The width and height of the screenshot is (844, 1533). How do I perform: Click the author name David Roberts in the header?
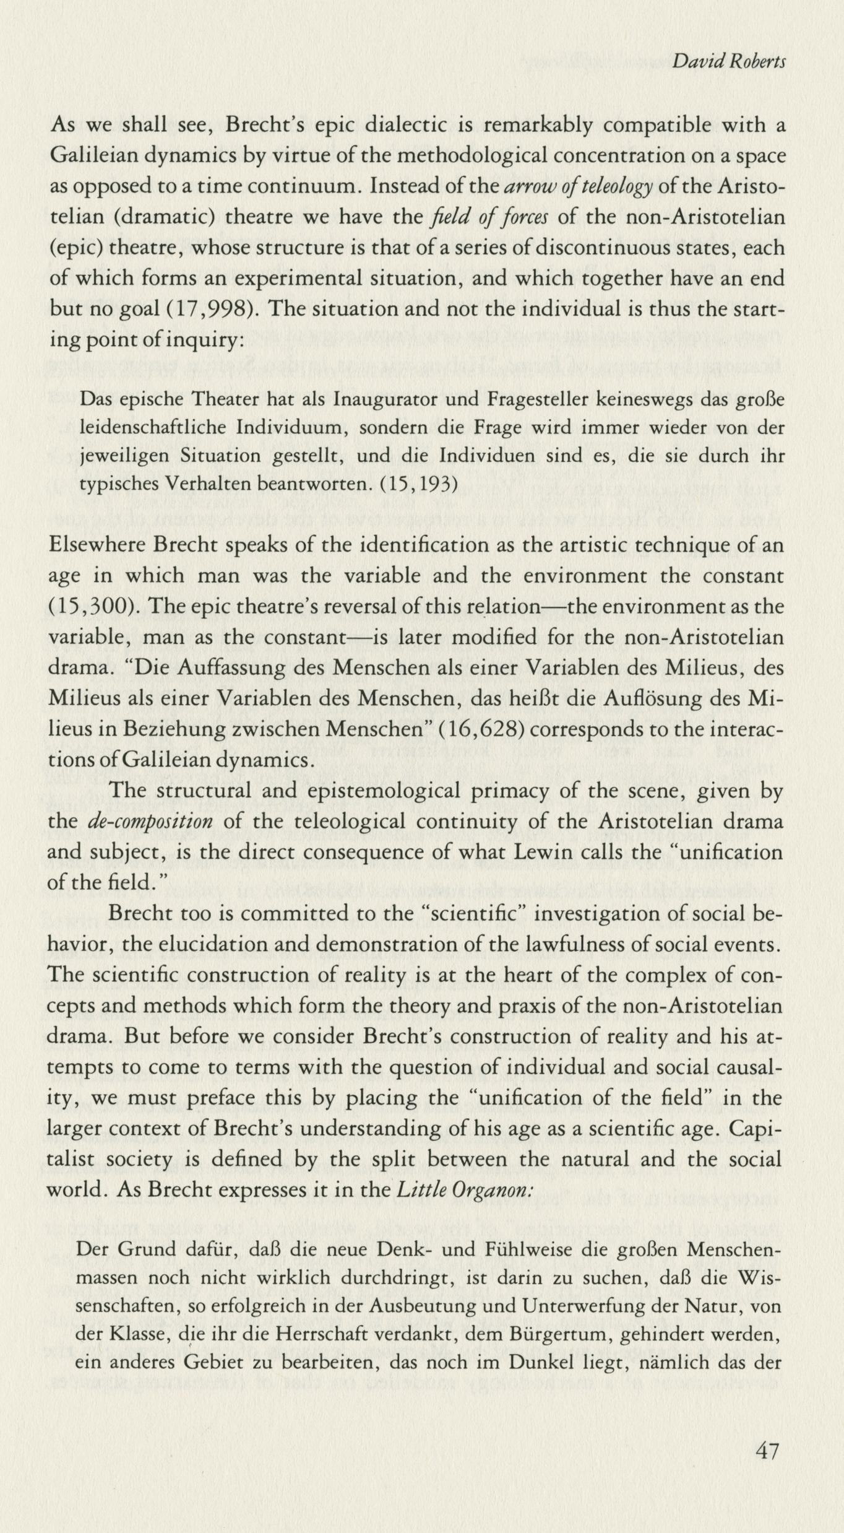729,62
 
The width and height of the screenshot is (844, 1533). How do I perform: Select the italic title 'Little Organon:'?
463,1191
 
